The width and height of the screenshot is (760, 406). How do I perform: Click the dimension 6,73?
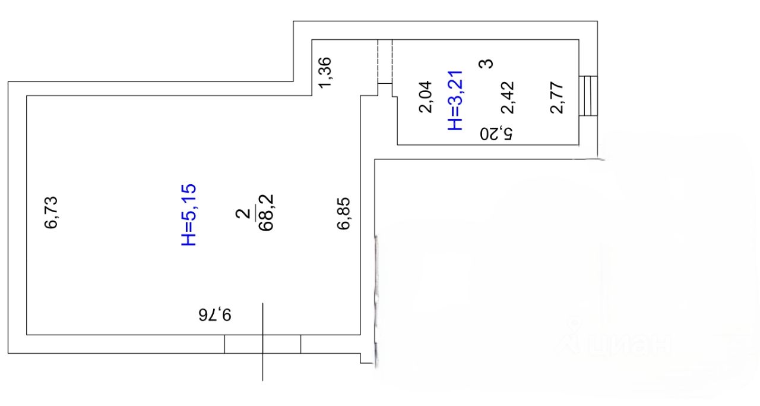pos(52,213)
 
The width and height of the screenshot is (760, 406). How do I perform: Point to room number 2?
pos(242,214)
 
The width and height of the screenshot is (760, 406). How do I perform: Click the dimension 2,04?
pos(425,98)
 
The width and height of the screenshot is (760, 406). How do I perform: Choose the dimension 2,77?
pos(556,98)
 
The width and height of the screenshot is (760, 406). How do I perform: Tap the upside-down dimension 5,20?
pos(496,133)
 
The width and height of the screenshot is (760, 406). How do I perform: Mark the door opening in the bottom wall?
pos(262,344)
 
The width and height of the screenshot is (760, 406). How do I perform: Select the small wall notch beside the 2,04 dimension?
pos(385,89)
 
